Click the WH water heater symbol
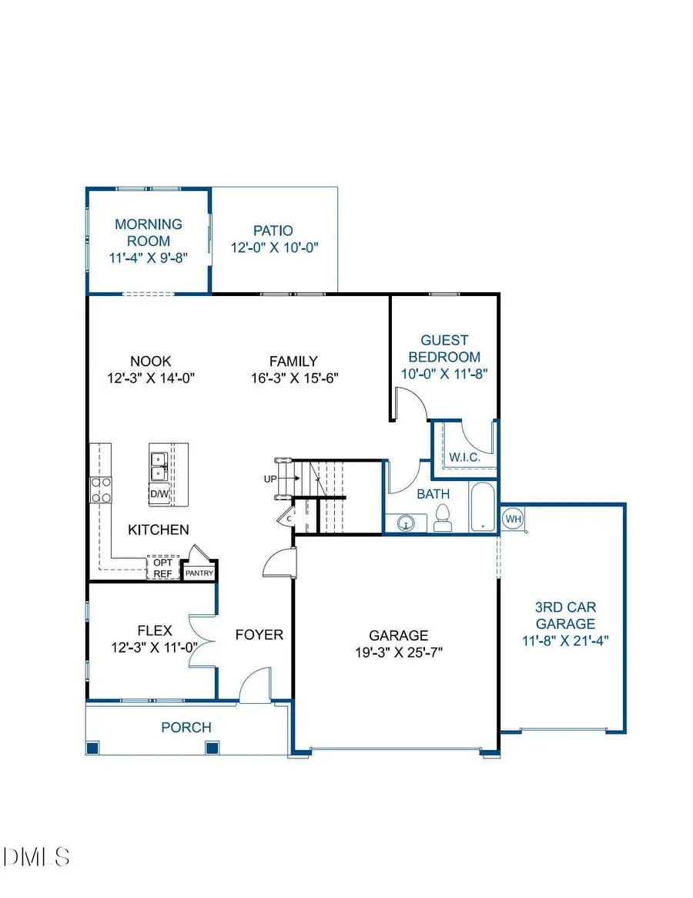514,519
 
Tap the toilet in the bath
444,518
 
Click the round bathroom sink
405,523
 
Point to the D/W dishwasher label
159,493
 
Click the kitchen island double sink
160,465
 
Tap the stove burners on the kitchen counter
101,489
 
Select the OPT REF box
162,567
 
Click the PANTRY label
199,573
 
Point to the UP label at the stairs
270,479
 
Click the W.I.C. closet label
465,457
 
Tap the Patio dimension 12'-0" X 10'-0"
274,247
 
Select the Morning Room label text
149,232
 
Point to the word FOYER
259,635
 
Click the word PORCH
186,727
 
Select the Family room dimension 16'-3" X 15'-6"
293,378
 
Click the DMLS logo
37,856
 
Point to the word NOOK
150,361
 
